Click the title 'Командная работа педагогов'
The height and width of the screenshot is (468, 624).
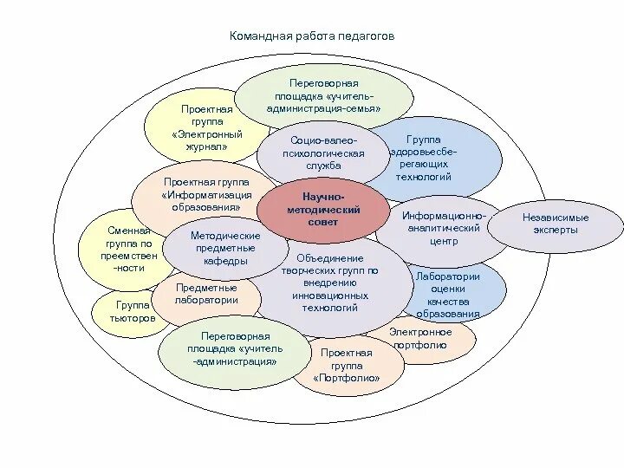[311, 37]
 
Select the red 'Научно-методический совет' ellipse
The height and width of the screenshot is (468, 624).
[322, 210]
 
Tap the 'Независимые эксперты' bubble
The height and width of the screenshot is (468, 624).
[556, 224]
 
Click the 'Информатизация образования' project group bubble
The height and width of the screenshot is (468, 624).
[205, 195]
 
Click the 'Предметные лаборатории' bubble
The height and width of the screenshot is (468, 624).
[206, 294]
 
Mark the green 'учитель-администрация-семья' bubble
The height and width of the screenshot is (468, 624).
[322, 94]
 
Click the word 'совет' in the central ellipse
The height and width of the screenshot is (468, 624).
[322, 223]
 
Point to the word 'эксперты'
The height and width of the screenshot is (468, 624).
[556, 231]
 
